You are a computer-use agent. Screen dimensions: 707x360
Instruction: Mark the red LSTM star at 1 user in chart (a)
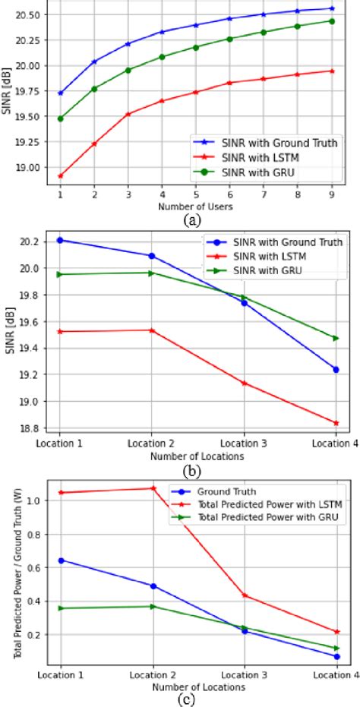60,175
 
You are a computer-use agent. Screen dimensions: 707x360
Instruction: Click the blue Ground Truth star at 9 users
331,8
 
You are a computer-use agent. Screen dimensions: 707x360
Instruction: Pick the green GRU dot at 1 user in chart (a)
60,118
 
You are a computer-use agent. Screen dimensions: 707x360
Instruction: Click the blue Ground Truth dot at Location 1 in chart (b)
60,240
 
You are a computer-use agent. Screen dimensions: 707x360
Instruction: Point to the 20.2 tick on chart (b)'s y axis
33,241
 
